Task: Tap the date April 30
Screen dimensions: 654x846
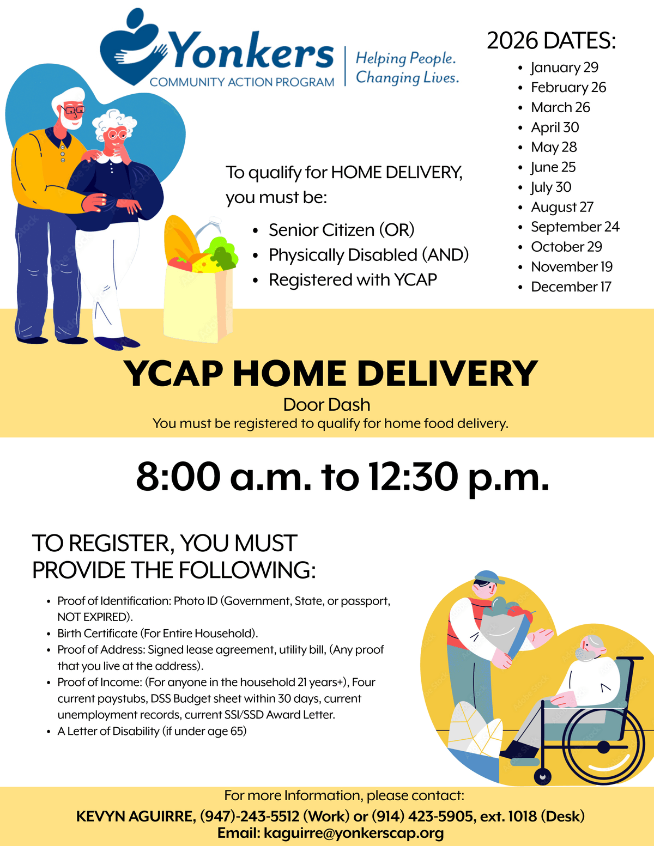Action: (555, 127)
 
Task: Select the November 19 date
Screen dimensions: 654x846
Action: (571, 267)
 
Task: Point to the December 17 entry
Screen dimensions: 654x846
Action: (571, 287)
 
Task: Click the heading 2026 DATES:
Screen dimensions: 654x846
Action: (551, 40)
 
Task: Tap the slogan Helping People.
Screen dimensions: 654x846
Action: (405, 58)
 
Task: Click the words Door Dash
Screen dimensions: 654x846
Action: (326, 405)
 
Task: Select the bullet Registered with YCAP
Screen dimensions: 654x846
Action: (353, 279)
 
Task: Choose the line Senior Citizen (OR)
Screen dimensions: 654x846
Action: (341, 230)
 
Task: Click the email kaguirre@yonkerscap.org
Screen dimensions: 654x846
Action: (354, 833)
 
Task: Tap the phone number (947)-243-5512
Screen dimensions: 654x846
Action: (250, 815)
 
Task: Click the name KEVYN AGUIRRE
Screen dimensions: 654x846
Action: (136, 816)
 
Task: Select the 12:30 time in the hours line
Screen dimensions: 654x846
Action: (414, 477)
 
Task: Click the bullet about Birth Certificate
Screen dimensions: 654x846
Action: (158, 633)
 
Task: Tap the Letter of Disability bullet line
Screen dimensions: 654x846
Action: (152, 731)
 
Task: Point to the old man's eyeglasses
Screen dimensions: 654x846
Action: (73, 110)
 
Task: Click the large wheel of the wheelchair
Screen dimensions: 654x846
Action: (603, 747)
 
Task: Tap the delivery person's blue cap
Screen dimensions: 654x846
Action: (488, 576)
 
